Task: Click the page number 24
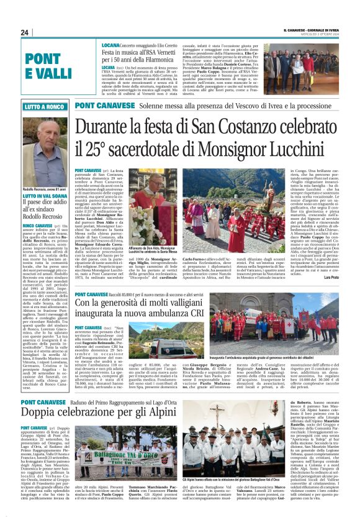[x=25, y=32]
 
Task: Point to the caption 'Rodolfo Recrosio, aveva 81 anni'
[x=40, y=189]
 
